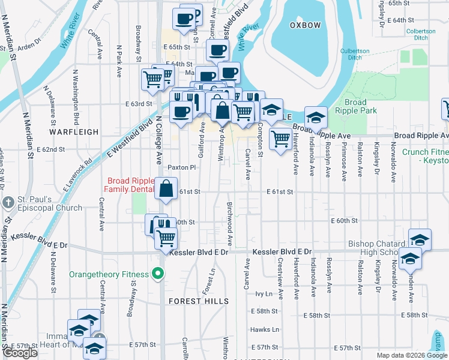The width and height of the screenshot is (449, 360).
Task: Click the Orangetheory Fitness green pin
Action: pyautogui.click(x=158, y=274)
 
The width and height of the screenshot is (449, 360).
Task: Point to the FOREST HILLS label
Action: pyautogui.click(x=198, y=301)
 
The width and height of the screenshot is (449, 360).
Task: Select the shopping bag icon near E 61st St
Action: pyautogui.click(x=166, y=189)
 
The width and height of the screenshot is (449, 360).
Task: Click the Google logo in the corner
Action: pyautogui.click(x=20, y=353)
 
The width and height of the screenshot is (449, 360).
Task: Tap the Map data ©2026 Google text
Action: pyautogui.click(x=411, y=355)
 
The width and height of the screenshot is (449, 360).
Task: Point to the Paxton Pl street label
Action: pyautogui.click(x=182, y=167)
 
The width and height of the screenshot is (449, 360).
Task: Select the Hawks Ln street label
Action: pyautogui.click(x=265, y=329)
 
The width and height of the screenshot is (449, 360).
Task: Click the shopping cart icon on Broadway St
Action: pyautogui.click(x=152, y=79)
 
